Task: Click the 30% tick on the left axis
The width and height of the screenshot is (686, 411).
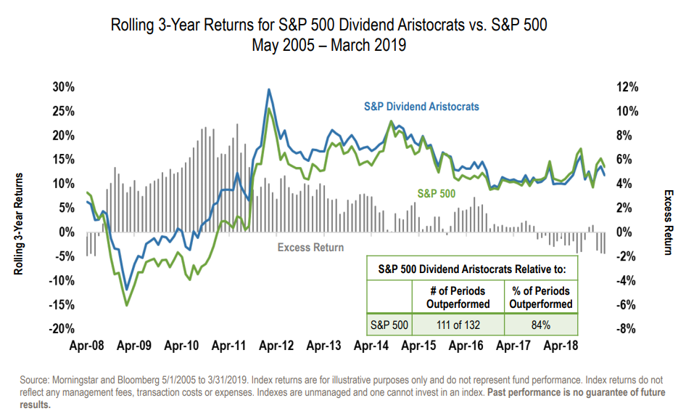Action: click(x=63, y=87)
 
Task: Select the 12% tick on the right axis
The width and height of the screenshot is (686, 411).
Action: click(x=625, y=87)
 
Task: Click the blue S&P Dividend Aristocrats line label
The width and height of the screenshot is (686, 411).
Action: click(x=421, y=107)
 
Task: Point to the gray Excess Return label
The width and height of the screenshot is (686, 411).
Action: click(x=311, y=248)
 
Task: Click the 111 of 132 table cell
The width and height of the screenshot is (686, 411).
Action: click(x=458, y=323)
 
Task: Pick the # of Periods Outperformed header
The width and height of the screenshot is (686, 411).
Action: click(x=458, y=297)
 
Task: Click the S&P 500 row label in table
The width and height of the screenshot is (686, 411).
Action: click(x=389, y=323)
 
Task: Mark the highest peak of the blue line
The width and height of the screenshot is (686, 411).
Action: click(x=269, y=90)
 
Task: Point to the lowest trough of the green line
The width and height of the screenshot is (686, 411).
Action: click(x=127, y=305)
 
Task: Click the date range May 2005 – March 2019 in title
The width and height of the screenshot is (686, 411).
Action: click(x=328, y=45)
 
